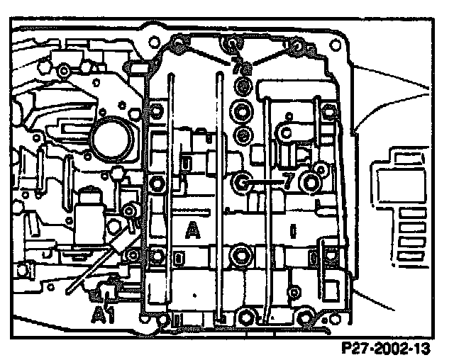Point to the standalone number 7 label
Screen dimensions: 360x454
tap(288, 181)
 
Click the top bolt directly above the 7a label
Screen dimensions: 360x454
tap(232, 47)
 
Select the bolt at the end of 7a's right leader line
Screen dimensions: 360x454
tap(297, 48)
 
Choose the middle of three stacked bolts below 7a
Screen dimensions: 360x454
tap(243, 112)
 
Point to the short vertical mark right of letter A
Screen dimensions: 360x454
tap(292, 230)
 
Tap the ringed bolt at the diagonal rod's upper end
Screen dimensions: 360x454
tap(130, 211)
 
